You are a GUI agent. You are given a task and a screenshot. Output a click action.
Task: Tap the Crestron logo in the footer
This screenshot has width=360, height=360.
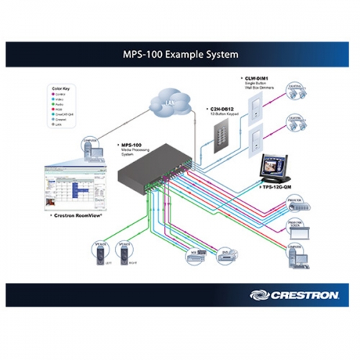291,294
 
